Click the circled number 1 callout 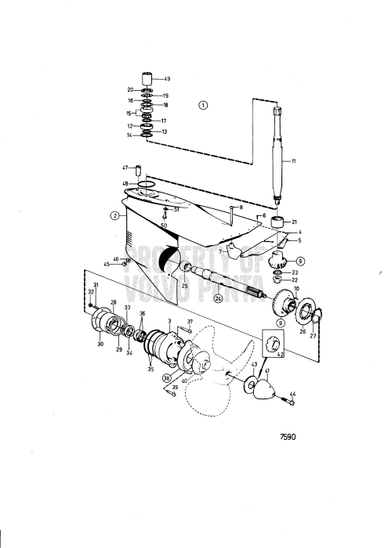[203, 105]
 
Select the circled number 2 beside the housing [115, 215]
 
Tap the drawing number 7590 [288, 437]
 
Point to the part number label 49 [167, 79]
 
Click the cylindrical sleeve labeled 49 [147, 78]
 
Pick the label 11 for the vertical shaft [293, 161]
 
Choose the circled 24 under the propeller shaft [219, 298]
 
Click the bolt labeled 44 [288, 401]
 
